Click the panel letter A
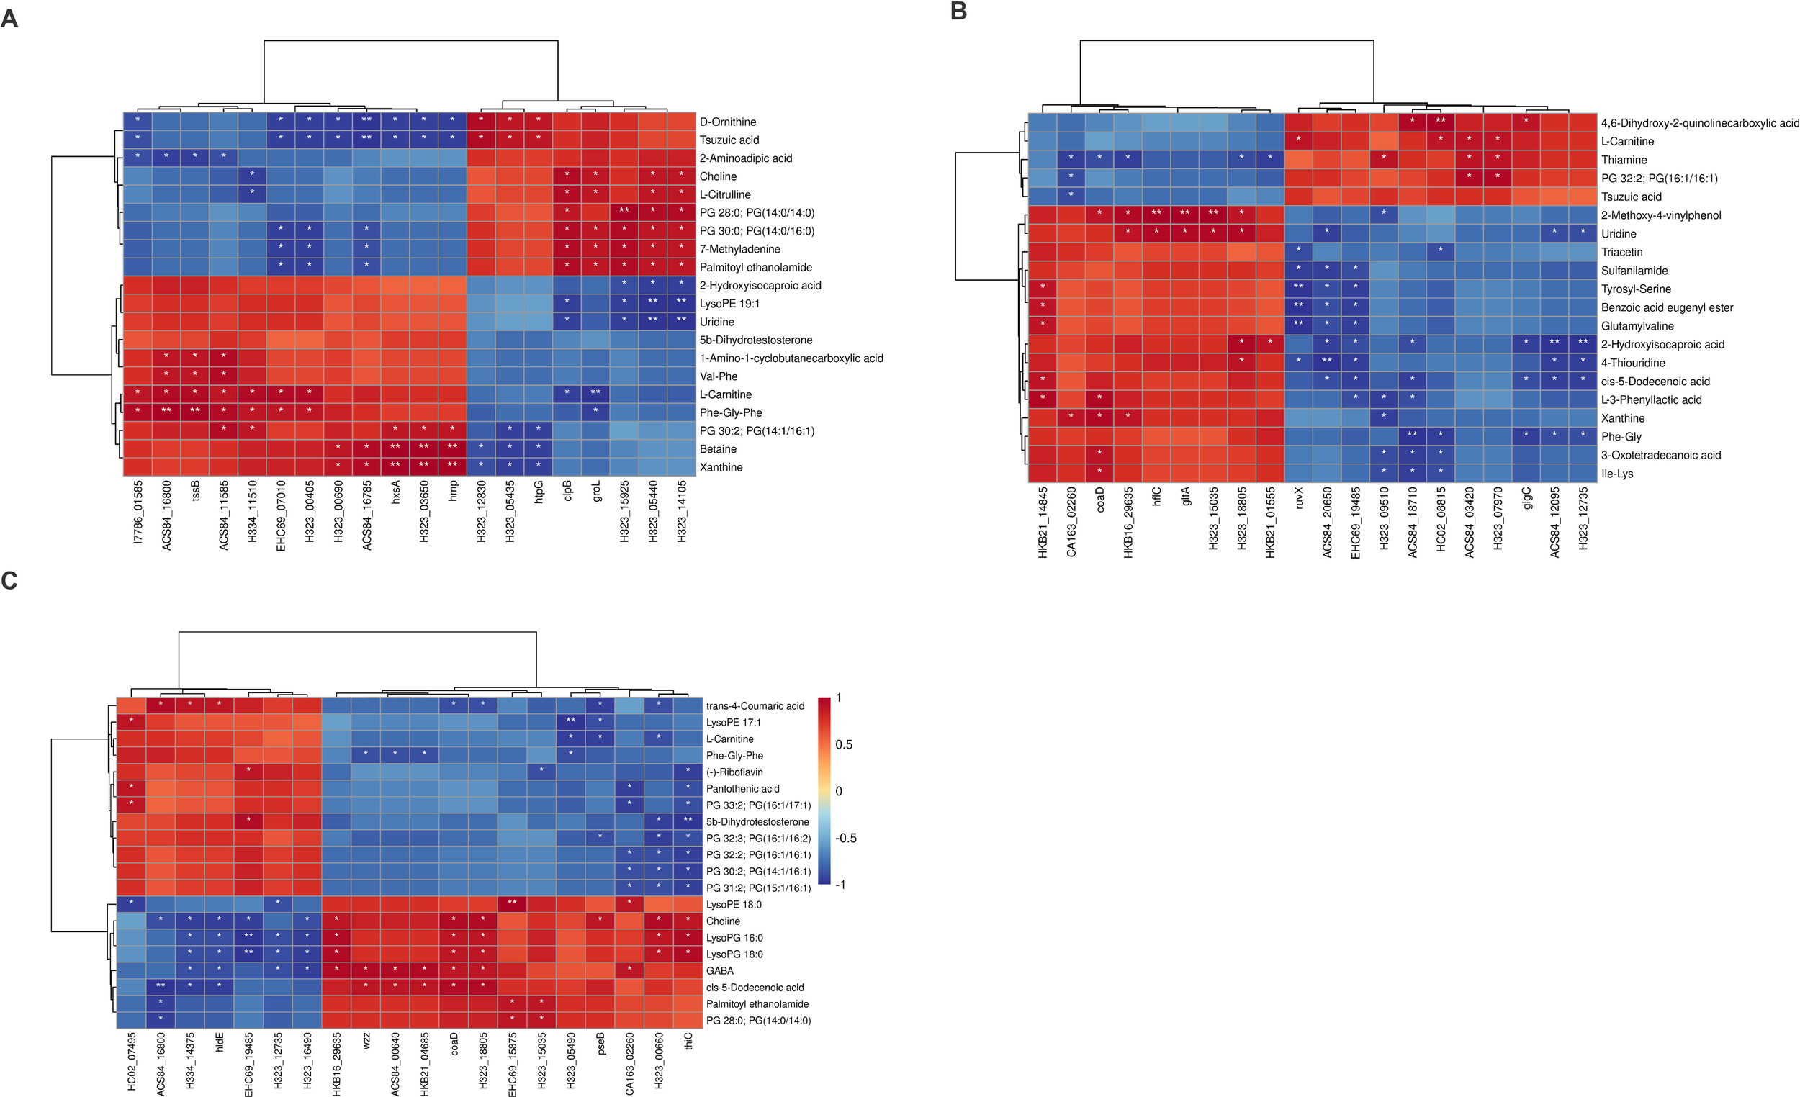(x=9, y=17)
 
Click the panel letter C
(x=9, y=581)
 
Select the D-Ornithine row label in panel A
(x=728, y=122)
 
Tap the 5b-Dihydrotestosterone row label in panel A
(x=755, y=340)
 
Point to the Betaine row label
(x=717, y=449)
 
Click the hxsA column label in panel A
(x=395, y=491)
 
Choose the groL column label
(x=596, y=490)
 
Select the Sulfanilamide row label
(x=1634, y=270)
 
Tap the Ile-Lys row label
(x=1616, y=473)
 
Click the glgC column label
(x=1526, y=498)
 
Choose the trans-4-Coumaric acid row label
(x=755, y=705)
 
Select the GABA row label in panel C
(x=719, y=970)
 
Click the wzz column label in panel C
(x=366, y=1040)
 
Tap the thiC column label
(x=688, y=1040)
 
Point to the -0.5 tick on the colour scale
(x=845, y=838)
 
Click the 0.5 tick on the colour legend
(x=844, y=744)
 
